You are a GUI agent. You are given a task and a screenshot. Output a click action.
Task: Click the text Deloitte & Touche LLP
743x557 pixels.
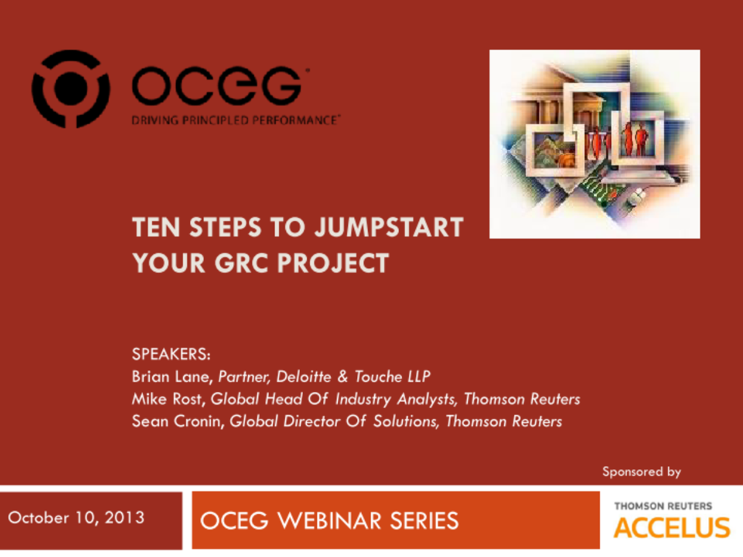click(x=353, y=376)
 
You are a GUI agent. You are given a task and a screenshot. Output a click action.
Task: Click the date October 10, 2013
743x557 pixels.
click(x=76, y=517)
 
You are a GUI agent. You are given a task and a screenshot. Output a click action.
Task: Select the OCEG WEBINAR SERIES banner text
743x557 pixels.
click(x=329, y=520)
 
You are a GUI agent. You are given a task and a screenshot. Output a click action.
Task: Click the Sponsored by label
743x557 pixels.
click(x=641, y=472)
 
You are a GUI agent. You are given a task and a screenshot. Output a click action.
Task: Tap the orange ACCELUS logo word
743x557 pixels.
click(x=671, y=528)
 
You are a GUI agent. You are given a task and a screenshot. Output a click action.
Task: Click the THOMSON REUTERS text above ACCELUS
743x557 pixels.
click(x=663, y=506)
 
